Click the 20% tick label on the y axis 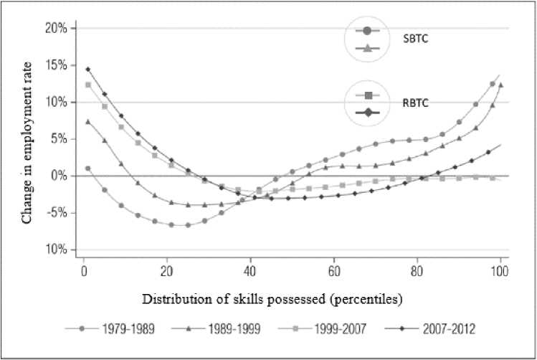point(56,29)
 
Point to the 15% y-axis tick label point(56,65)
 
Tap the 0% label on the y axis point(59,176)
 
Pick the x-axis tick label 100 point(500,273)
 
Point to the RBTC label point(414,103)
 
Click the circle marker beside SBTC point(367,31)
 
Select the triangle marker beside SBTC point(367,48)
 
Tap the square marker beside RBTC point(369,95)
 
